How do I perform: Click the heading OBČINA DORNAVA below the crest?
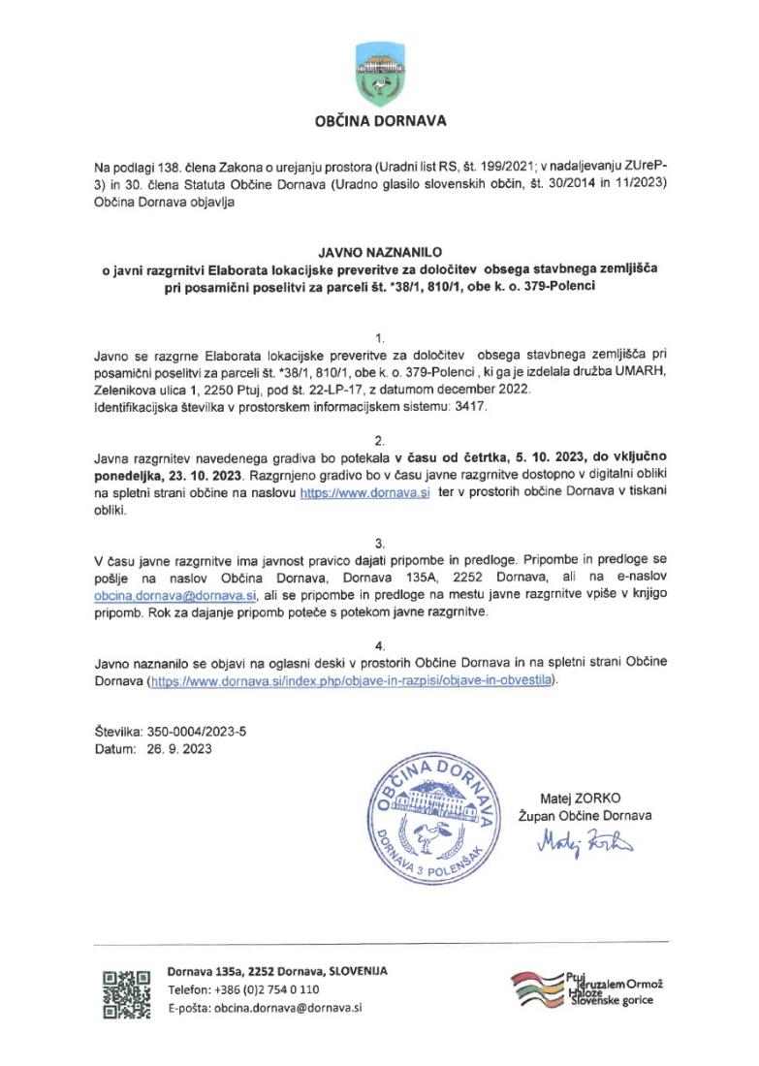tap(380, 122)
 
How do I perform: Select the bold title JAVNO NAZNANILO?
tap(380, 250)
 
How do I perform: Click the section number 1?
tap(379, 338)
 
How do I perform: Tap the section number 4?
tap(379, 644)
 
